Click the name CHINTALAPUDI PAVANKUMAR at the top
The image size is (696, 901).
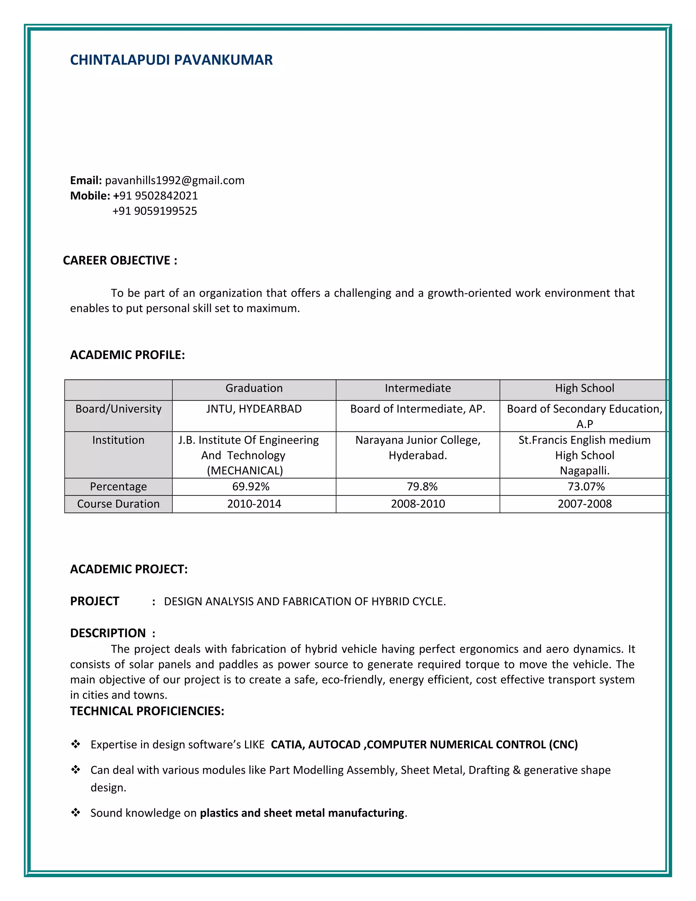[171, 60]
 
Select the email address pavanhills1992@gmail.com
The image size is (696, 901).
[174, 180]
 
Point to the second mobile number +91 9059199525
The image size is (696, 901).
[155, 211]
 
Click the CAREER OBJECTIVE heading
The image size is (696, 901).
[120, 260]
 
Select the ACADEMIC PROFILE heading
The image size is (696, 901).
[127, 355]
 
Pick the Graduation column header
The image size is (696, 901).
[254, 388]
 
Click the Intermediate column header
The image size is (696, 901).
[418, 388]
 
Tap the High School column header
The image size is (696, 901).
[584, 388]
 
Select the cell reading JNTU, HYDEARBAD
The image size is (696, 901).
[254, 409]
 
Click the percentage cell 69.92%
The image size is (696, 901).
[251, 487]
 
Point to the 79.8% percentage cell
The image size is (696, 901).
[422, 487]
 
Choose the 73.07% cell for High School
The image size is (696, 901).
[586, 487]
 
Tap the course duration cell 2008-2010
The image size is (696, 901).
[418, 504]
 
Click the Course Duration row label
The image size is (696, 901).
[118, 504]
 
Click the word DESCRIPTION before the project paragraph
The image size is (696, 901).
[108, 633]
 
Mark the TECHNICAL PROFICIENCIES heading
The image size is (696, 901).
[147, 711]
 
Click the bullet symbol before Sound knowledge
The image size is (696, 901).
[75, 812]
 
